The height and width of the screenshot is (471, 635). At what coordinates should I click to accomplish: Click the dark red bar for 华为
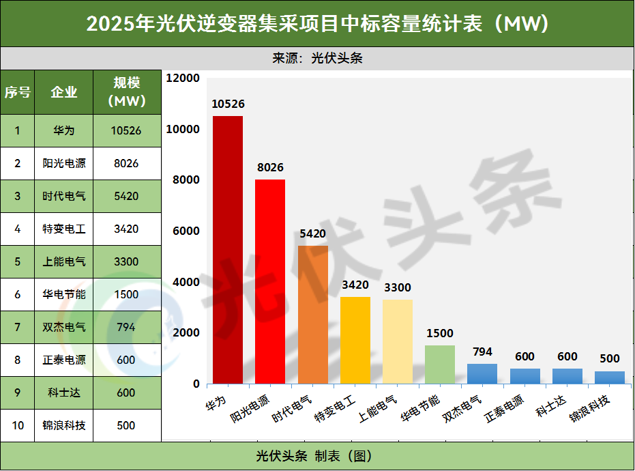[228, 250]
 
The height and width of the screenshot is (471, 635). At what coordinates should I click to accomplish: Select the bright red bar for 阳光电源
[270, 281]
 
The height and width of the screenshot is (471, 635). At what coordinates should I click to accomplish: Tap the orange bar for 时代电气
[313, 314]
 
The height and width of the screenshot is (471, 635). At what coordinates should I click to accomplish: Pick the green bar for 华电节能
[440, 364]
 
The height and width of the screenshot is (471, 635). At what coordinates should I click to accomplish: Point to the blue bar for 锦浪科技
[609, 377]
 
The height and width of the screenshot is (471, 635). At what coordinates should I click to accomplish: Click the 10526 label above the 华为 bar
[228, 104]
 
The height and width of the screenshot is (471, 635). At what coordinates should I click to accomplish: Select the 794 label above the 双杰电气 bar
[482, 352]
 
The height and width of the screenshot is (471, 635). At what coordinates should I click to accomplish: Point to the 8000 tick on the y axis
[186, 180]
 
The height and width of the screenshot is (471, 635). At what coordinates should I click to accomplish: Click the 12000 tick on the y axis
[183, 78]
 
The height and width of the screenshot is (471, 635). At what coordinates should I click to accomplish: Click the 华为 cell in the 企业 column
[64, 130]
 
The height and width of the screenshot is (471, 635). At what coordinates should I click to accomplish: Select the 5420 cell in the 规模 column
[126, 196]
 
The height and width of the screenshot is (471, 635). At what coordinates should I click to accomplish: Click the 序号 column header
[18, 92]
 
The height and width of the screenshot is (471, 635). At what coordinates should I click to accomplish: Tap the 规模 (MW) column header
[127, 92]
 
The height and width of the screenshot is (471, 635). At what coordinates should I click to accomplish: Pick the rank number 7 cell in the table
[18, 327]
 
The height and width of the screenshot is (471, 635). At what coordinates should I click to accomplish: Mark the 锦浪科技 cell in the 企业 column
[64, 425]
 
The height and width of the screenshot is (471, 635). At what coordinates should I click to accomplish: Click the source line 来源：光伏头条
[317, 58]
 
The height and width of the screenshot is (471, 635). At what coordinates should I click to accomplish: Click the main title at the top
[317, 24]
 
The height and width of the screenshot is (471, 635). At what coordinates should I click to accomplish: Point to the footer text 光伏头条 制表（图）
[317, 455]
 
